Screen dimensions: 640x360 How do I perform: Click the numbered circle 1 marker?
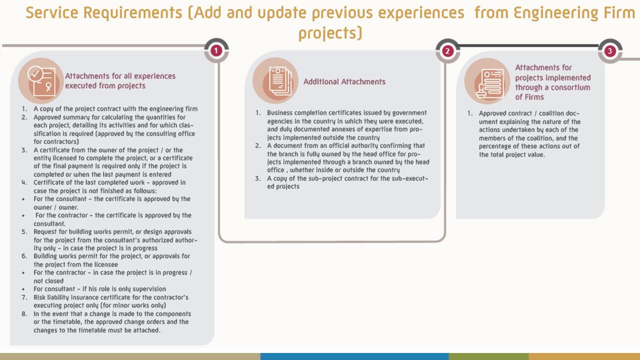[x=216, y=51]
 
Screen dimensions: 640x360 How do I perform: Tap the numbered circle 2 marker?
[x=447, y=51]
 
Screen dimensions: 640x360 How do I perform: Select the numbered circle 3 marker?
[x=610, y=51]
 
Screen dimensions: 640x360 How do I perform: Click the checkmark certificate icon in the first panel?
[x=41, y=81]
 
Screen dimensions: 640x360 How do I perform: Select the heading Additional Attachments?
[x=344, y=81]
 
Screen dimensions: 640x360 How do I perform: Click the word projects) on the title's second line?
[x=330, y=33]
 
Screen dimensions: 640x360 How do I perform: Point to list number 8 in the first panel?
[x=24, y=313]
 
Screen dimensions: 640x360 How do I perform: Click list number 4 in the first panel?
[x=24, y=182]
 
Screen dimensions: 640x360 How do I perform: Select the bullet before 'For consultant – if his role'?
[x=23, y=289]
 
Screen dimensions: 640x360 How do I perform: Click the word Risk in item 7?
[x=39, y=297]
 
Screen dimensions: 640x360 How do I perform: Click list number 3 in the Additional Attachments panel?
[x=257, y=178]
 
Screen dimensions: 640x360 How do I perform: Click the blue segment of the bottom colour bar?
[x=354, y=356]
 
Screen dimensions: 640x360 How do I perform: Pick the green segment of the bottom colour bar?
[x=489, y=356]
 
